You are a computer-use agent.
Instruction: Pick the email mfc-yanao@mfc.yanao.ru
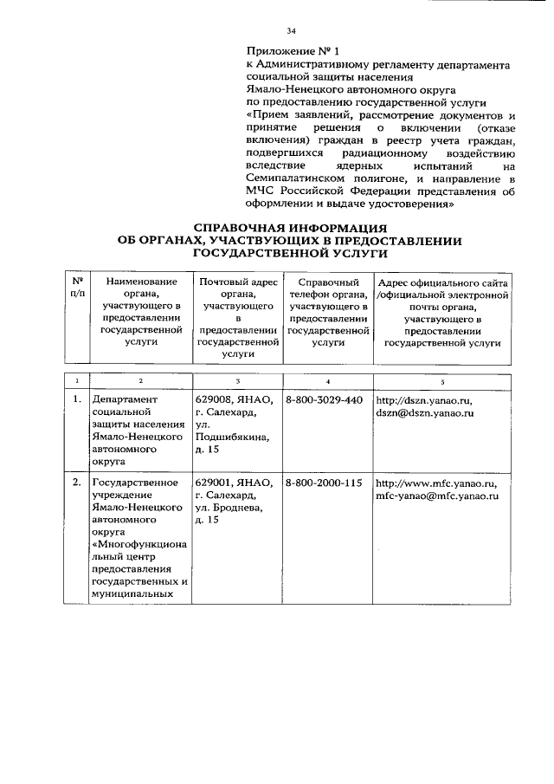coord(437,496)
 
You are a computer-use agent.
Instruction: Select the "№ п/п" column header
coord(77,288)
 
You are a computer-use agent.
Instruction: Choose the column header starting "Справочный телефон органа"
coord(328,313)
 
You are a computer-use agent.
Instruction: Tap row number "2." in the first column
coord(77,483)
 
